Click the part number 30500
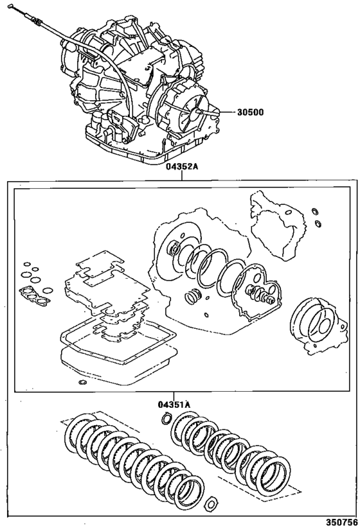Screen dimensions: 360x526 pos(250,112)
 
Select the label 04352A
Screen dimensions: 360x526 pos(181,167)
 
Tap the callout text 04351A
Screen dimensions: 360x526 pos(174,405)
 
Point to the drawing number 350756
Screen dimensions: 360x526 pos(343,522)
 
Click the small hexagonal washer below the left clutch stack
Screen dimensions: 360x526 pos(212,503)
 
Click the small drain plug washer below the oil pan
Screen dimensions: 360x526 pos(82,382)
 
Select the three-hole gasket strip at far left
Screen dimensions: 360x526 pos(35,295)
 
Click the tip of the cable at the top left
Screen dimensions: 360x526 pos(10,6)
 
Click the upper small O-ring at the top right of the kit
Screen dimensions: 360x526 pos(314,211)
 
